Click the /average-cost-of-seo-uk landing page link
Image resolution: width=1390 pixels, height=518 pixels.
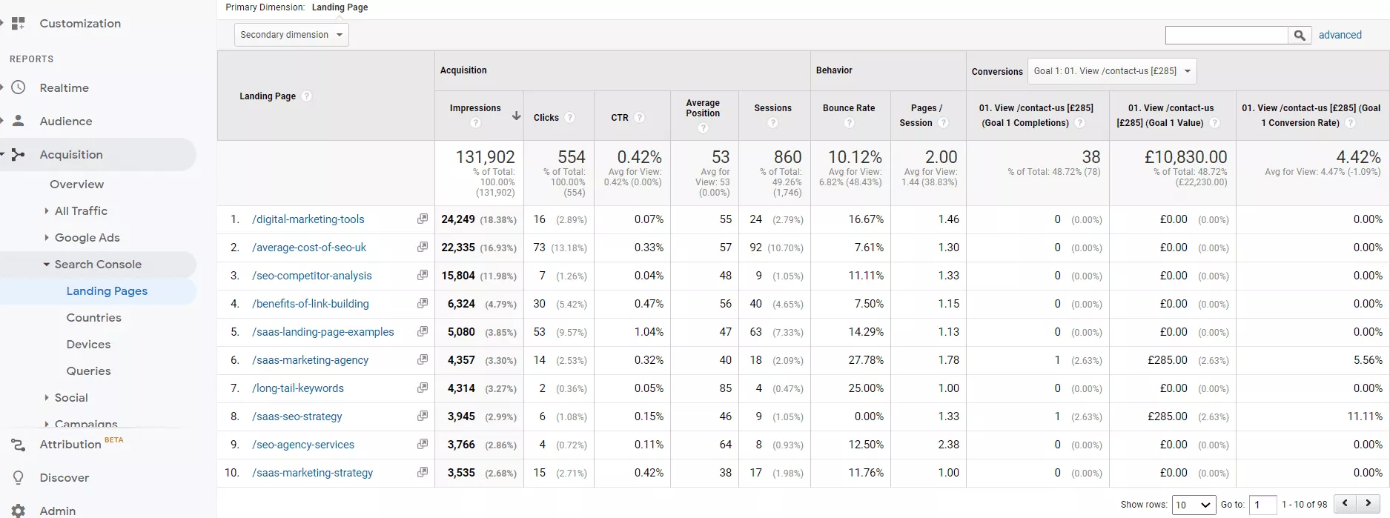pyautogui.click(x=309, y=248)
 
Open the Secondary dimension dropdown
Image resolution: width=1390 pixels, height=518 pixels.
pyautogui.click(x=291, y=35)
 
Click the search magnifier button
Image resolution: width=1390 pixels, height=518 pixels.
pyautogui.click(x=1300, y=35)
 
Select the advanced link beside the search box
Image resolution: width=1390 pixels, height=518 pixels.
pyautogui.click(x=1340, y=35)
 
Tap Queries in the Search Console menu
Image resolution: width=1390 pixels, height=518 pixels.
pyautogui.click(x=88, y=371)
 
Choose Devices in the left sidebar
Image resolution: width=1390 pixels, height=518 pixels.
pyautogui.click(x=88, y=345)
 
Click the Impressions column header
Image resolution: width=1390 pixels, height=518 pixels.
pyautogui.click(x=475, y=108)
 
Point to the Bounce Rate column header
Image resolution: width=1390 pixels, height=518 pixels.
pyautogui.click(x=849, y=108)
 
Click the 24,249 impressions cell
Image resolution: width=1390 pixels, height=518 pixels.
pyautogui.click(x=458, y=219)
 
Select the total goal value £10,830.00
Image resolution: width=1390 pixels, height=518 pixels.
pyautogui.click(x=1185, y=157)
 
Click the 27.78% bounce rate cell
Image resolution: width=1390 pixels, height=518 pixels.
pyautogui.click(x=865, y=360)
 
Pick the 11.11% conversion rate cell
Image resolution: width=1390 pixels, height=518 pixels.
pyautogui.click(x=1364, y=416)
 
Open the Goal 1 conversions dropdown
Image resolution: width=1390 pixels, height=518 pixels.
pyautogui.click(x=1112, y=71)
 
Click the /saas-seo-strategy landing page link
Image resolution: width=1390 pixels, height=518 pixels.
pyautogui.click(x=297, y=416)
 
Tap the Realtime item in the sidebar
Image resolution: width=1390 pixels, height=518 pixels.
pyautogui.click(x=64, y=88)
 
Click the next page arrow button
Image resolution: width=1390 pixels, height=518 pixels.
pyautogui.click(x=1369, y=504)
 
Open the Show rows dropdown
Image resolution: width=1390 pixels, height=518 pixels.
pyautogui.click(x=1194, y=505)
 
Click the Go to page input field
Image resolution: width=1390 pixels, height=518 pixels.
pyautogui.click(x=1262, y=505)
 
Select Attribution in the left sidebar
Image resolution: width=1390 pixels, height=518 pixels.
pyautogui.click(x=70, y=445)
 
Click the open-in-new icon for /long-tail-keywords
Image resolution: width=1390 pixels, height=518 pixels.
pyautogui.click(x=423, y=388)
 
